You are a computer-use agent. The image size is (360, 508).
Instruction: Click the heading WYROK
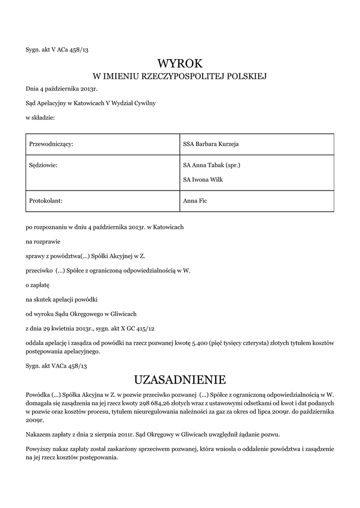pos(180,63)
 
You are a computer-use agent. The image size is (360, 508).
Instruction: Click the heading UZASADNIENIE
pos(180,380)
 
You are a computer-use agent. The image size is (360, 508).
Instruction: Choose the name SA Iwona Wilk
pos(203,180)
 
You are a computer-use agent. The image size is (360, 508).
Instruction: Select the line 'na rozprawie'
pos(43,242)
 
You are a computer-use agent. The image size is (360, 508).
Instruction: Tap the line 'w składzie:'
pos(40,118)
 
